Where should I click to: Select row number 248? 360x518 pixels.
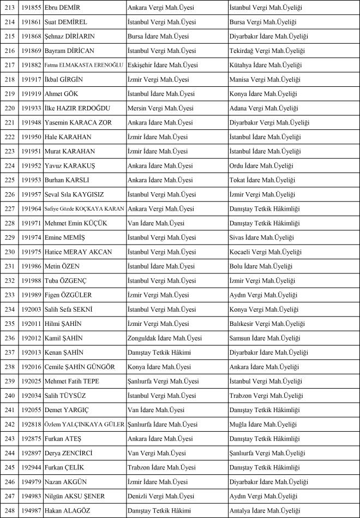click(x=9, y=510)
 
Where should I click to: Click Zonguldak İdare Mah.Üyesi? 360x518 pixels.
click(x=164, y=338)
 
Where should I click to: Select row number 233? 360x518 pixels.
click(x=9, y=295)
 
